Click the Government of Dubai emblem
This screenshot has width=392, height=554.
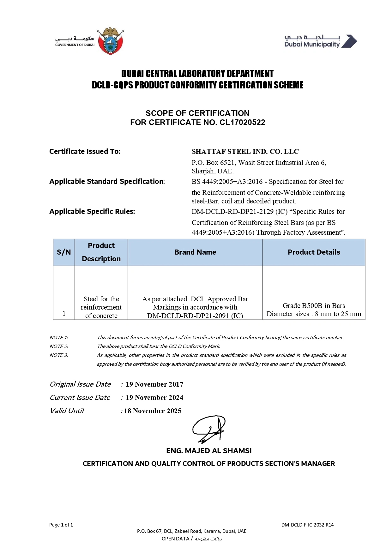point(110,41)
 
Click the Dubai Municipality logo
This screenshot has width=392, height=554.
point(320,41)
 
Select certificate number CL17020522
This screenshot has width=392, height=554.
point(242,123)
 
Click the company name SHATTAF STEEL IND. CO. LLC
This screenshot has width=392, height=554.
point(245,152)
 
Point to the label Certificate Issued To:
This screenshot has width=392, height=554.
point(85,152)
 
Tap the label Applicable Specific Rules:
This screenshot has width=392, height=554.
point(92,212)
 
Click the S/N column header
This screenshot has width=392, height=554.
point(64,252)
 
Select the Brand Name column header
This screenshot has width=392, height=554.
point(195,252)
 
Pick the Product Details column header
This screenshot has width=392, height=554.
point(314,252)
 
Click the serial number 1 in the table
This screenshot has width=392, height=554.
point(64,314)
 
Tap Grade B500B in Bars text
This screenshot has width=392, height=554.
point(314,306)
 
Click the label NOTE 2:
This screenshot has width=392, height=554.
point(59,346)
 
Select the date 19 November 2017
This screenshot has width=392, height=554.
point(154,384)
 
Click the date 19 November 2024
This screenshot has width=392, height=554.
point(154,398)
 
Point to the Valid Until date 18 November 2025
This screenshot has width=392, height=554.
point(153,411)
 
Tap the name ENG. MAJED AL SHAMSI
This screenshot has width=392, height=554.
point(209,451)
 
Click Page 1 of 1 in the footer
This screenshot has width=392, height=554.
point(61,525)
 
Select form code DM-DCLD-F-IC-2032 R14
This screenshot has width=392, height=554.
point(307,525)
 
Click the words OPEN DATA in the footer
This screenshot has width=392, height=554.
point(175,539)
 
